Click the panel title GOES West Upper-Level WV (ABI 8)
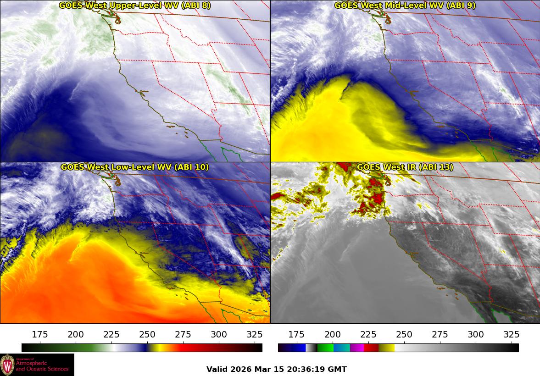pos(134,6)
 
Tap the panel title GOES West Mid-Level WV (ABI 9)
pos(405,6)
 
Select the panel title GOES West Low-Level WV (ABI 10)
pos(134,167)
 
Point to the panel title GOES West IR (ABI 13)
pos(405,167)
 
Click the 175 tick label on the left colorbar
pos(40,334)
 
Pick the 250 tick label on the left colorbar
pos(147,334)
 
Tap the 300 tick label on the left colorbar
pos(219,334)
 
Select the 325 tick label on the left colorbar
pos(255,334)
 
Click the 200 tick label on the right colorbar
pos(332,334)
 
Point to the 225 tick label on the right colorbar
pos(368,334)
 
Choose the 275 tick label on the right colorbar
pos(440,334)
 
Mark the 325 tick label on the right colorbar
pos(511,334)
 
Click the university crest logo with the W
pos(7,365)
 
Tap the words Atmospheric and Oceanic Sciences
pos(42,366)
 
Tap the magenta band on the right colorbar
pos(357,348)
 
